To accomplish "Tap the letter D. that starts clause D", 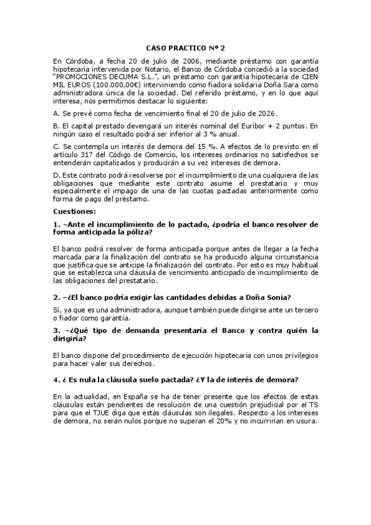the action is point(56,175).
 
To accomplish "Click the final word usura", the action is point(306,419).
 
